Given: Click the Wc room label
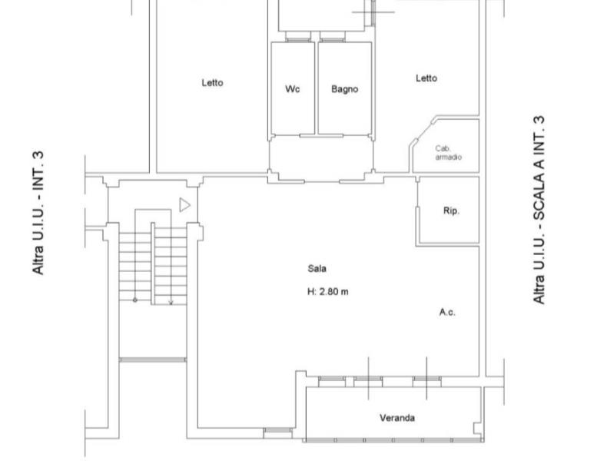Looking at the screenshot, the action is (x=293, y=89).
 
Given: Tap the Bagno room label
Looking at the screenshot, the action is (x=344, y=89).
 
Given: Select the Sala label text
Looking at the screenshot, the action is (x=317, y=269).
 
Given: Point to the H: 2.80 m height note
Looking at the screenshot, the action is (x=327, y=292).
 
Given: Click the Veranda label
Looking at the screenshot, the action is (x=397, y=418).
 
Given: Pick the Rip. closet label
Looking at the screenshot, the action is (x=451, y=211).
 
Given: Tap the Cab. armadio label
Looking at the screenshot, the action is (x=449, y=153).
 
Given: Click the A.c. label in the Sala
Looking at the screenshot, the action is (x=447, y=312).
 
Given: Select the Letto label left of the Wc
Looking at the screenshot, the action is (x=213, y=83).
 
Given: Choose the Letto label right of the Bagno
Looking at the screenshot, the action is (x=426, y=78).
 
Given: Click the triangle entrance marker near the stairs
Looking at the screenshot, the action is (x=184, y=205).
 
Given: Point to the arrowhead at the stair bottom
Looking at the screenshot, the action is (x=171, y=303).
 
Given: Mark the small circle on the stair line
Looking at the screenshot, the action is (x=134, y=300).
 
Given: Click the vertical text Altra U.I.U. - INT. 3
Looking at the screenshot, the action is (x=38, y=213).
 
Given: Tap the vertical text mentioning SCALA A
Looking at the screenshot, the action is (x=539, y=210).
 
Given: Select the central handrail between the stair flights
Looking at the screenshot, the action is (x=153, y=264).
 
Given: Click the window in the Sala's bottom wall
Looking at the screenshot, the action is (x=277, y=430).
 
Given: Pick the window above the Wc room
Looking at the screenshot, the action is (x=298, y=40).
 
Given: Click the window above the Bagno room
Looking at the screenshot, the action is (x=333, y=40).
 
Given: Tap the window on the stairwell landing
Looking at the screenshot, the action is (x=153, y=360).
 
